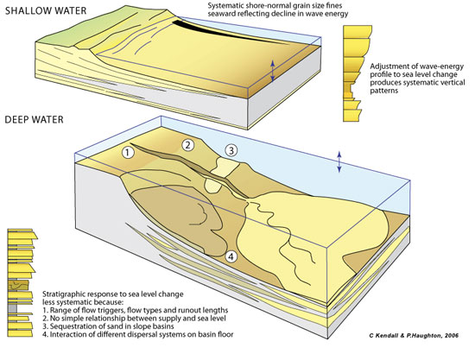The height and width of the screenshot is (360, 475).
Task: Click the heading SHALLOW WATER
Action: (x=46, y=10)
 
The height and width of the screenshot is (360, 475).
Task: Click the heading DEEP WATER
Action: (x=35, y=119)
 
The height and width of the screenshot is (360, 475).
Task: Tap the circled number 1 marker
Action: (x=128, y=152)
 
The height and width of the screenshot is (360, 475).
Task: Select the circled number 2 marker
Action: (x=187, y=145)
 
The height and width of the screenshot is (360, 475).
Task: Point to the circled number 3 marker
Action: (x=231, y=150)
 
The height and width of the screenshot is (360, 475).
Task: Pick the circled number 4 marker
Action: (x=231, y=256)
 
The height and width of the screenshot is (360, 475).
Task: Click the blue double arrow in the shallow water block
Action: (x=272, y=71)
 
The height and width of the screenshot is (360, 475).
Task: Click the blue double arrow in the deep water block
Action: (x=339, y=161)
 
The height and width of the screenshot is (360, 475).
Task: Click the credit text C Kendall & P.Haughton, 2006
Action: (x=414, y=335)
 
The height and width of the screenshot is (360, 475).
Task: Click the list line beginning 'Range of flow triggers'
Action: (x=135, y=310)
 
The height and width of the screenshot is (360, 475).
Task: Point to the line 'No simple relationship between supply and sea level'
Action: (x=134, y=319)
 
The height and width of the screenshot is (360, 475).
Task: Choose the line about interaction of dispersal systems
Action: (x=138, y=335)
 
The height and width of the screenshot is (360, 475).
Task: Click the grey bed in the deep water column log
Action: (x=12, y=309)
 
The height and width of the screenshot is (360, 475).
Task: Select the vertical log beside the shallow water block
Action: (x=358, y=73)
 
